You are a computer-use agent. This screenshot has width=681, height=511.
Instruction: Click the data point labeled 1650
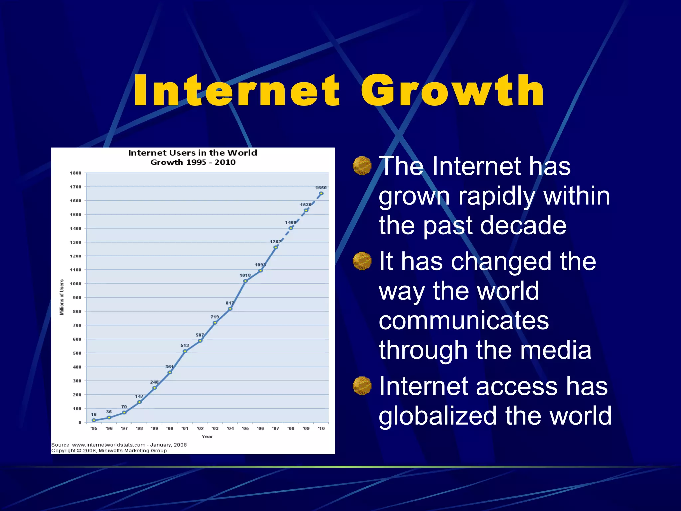[321, 193]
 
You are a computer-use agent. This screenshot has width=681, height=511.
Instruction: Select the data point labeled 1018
[245, 281]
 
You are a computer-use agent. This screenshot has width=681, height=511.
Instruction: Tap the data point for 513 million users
[185, 351]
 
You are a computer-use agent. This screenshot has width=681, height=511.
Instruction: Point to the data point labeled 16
[94, 420]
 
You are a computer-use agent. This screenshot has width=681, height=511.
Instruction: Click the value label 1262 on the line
[275, 242]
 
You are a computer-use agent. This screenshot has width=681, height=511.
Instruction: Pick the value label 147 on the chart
[139, 396]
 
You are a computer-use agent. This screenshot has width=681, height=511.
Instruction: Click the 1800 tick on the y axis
[76, 173]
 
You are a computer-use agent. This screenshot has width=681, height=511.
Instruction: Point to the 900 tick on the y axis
[77, 298]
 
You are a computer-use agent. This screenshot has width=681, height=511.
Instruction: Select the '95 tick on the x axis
[94, 428]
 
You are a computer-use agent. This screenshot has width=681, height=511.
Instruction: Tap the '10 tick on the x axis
[321, 428]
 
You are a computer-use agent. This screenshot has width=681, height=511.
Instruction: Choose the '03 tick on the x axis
[215, 428]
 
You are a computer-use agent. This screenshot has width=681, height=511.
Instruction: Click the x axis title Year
[207, 436]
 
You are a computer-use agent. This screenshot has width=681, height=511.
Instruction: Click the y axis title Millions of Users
[62, 297]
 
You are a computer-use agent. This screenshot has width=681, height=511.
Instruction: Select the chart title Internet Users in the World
[193, 153]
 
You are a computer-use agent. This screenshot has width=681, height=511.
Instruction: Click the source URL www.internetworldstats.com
[109, 445]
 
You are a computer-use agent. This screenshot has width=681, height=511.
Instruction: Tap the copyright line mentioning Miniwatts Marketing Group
[109, 451]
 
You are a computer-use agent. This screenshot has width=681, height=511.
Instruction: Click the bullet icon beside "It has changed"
[362, 261]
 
